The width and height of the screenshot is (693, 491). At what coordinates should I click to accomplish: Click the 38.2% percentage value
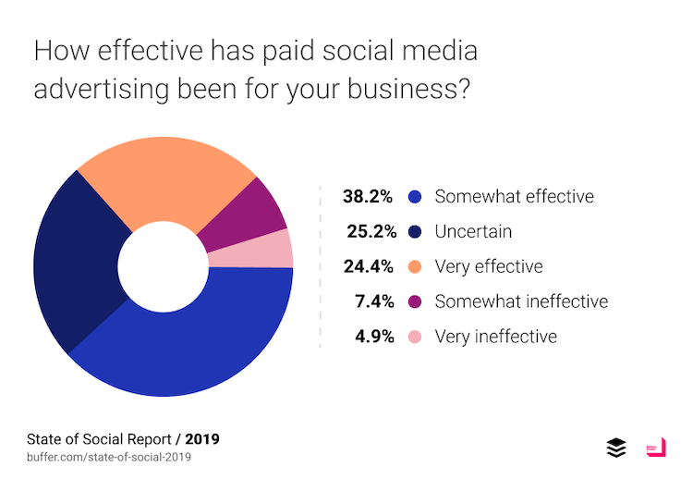point(369,196)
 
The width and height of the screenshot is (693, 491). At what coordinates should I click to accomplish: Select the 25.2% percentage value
point(369,231)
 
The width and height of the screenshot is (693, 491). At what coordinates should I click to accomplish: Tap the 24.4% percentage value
point(369,266)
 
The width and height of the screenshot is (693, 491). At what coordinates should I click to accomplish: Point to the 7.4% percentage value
point(374,301)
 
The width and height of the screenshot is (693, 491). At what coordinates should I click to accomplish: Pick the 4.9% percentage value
point(374,337)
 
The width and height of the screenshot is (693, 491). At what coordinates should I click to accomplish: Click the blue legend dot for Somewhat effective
point(414,196)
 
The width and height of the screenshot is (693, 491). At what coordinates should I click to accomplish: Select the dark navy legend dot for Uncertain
point(414,231)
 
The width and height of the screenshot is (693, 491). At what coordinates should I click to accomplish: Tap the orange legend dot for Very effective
point(414,266)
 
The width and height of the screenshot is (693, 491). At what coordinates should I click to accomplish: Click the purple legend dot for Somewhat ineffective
point(414,301)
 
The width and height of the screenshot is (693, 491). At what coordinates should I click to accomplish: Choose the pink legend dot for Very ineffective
point(414,337)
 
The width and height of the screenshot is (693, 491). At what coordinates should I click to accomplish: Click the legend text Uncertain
point(473,231)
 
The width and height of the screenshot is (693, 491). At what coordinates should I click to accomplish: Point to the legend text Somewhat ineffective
point(521,301)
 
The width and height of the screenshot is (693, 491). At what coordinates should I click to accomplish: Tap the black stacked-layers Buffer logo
point(616,448)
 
